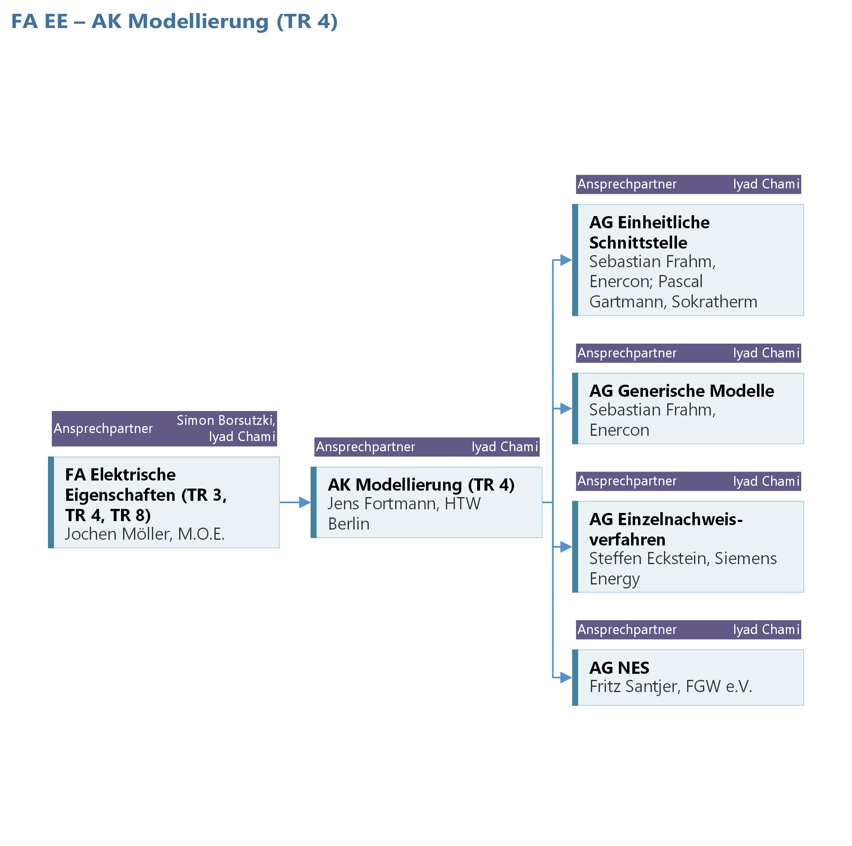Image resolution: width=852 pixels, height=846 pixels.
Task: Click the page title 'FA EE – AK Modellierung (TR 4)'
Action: coord(174,22)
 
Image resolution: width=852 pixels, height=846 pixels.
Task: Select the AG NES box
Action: coord(688,677)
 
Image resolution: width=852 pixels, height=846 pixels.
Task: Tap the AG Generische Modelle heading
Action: coord(681,391)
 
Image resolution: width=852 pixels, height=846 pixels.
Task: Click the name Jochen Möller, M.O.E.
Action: coord(145,534)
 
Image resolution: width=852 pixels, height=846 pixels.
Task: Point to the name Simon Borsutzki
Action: coord(225,420)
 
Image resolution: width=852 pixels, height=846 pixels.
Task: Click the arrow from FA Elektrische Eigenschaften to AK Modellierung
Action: coord(295,502)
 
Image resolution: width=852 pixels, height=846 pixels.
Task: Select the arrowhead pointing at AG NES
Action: coord(566,677)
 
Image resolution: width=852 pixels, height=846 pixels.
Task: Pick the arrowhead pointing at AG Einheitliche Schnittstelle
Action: coord(566,260)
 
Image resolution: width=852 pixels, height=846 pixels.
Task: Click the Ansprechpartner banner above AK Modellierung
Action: coord(427,447)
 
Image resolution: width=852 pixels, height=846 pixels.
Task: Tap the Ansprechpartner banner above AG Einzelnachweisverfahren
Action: coord(688,481)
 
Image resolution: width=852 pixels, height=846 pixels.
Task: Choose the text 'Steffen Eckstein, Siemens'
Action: coord(683,558)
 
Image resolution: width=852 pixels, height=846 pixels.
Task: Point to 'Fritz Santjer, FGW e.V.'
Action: coord(670,686)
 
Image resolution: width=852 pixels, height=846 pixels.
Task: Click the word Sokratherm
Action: coord(714,302)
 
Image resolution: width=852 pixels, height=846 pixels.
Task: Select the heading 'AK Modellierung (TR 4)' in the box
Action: coord(421,485)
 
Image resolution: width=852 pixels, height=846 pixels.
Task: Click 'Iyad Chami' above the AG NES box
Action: coord(766,630)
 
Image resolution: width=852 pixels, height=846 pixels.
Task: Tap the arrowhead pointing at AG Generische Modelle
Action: coord(566,409)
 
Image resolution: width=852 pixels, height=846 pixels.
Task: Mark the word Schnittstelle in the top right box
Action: coord(638,242)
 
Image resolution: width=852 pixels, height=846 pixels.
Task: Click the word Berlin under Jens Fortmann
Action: coord(349,524)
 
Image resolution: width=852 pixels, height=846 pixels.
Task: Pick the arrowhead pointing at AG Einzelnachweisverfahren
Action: coord(566,547)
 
